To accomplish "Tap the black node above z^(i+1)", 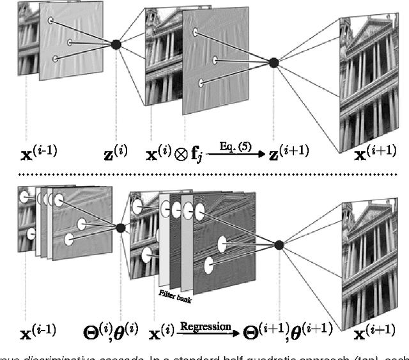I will pyautogui.click(x=274, y=63).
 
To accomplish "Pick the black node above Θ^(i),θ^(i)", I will pyautogui.click(x=120, y=228).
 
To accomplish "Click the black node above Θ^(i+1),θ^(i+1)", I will pyautogui.click(x=279, y=244).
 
